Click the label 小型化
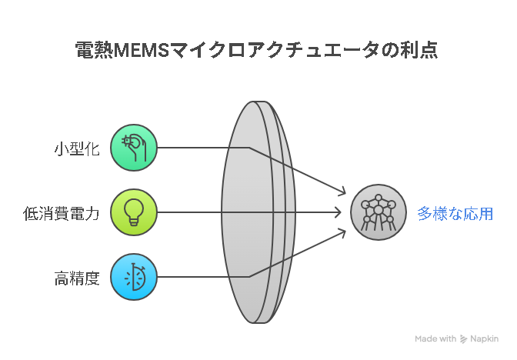click(77, 148)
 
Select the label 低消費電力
click(62, 213)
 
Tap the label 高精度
click(77, 278)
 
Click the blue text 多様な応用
click(455, 214)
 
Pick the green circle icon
click(134, 148)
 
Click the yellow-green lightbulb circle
click(134, 212)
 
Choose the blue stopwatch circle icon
click(134, 277)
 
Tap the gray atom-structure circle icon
click(379, 212)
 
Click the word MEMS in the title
click(142, 51)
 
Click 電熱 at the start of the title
click(95, 50)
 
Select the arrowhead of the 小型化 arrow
click(343, 192)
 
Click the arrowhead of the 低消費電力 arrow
click(339, 212)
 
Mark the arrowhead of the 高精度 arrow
click(343, 233)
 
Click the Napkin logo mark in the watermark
click(463, 339)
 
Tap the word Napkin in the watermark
click(484, 339)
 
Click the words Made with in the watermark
click(435, 339)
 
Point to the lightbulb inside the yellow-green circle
click(134, 212)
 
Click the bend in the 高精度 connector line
click(249, 277)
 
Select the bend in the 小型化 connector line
click(249, 148)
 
